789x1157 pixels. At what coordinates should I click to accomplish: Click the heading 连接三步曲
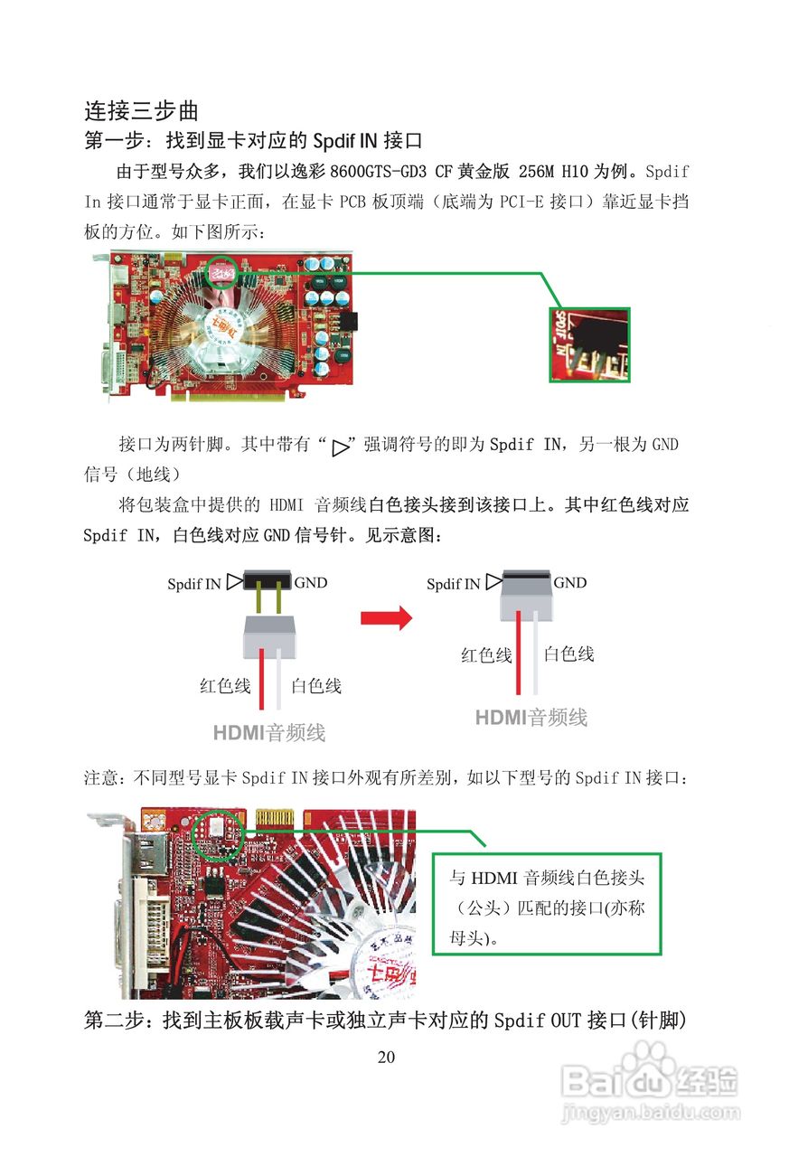tap(141, 111)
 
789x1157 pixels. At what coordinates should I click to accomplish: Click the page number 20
tap(386, 1057)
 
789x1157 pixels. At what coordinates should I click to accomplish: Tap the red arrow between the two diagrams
tap(386, 618)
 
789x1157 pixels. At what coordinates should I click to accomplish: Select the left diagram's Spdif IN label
tap(194, 584)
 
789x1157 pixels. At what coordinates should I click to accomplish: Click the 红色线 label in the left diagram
tap(225, 686)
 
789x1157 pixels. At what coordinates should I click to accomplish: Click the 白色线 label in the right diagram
tap(569, 654)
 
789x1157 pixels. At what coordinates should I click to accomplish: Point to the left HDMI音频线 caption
tap(268, 732)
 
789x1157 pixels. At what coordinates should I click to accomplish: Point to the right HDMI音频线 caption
tap(531, 718)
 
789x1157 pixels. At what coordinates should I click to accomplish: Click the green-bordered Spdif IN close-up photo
tap(589, 344)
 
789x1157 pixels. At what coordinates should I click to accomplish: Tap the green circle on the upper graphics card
tap(221, 272)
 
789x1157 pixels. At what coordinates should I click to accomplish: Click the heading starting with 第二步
tap(386, 1021)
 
